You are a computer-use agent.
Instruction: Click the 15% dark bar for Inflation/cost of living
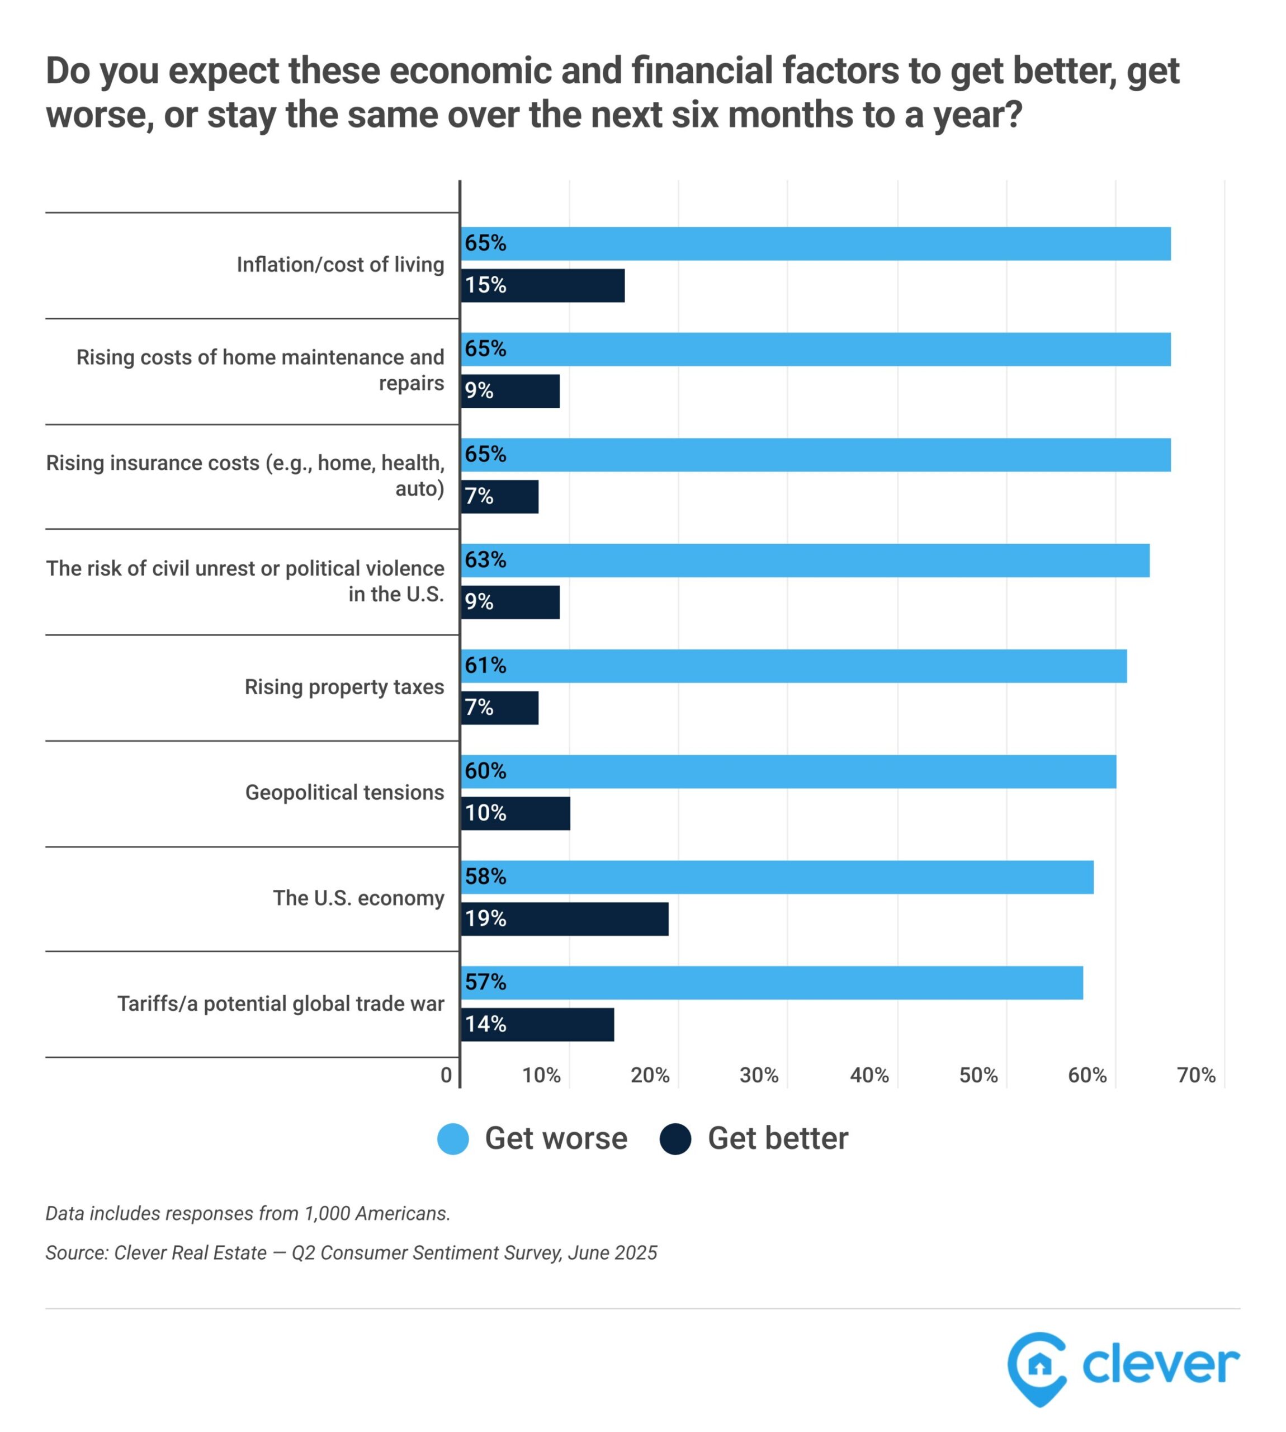tap(543, 285)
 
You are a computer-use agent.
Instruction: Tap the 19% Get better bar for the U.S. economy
tap(565, 919)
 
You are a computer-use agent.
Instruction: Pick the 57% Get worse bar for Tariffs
tap(772, 982)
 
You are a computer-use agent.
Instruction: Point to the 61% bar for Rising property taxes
tap(793, 666)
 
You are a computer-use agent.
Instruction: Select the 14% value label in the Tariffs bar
tap(485, 1024)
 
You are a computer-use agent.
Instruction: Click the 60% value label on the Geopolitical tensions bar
tap(485, 771)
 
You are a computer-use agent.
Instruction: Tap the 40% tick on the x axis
tap(869, 1076)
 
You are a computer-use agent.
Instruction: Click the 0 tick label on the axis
tap(446, 1076)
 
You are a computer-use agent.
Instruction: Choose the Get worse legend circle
tap(453, 1139)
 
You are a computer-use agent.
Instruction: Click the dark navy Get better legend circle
tap(675, 1139)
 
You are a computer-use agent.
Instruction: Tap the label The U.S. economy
tap(358, 898)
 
